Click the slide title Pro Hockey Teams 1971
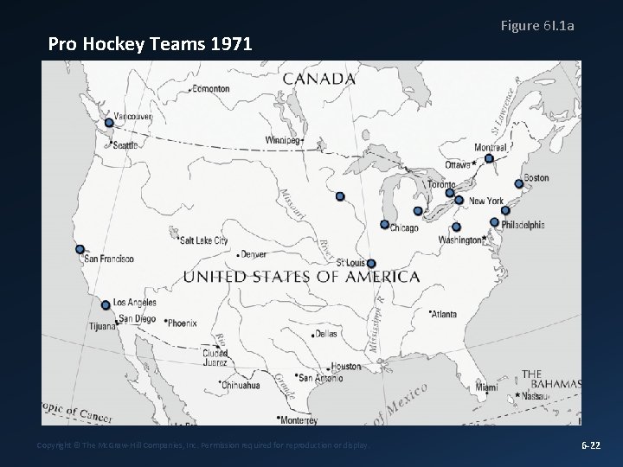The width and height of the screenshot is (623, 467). point(150,42)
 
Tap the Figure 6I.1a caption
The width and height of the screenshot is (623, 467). point(537,26)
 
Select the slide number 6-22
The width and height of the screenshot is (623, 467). point(591,445)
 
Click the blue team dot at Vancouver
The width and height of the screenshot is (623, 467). point(109,123)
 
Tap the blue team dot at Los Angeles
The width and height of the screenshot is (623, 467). point(106,304)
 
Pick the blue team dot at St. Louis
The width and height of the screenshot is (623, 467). point(371,264)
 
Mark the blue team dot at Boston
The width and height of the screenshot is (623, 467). point(518,183)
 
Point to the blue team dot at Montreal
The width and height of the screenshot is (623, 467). point(489,158)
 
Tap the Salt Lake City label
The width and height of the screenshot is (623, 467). point(204,240)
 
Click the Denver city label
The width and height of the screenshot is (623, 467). point(254,254)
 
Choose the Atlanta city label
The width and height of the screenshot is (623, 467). point(445,314)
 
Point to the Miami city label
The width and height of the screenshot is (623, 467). point(486,387)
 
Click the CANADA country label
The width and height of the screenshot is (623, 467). point(319,78)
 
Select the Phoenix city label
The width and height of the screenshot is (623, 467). point(182,323)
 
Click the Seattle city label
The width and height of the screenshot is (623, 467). point(125,145)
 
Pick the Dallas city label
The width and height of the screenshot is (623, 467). point(326,333)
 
